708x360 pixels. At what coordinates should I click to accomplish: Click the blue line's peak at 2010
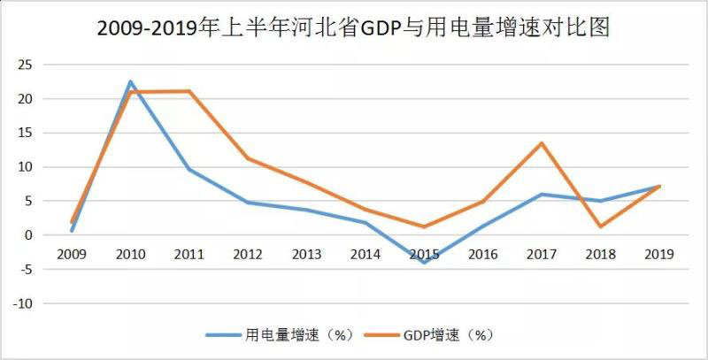(131, 81)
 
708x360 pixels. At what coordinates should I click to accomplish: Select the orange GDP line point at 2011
(189, 91)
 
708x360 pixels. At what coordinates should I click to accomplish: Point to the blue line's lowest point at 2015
(423, 262)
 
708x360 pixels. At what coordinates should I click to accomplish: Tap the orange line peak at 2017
(540, 143)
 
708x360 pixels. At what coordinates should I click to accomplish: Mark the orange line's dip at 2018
(599, 226)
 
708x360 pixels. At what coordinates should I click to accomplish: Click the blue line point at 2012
(248, 203)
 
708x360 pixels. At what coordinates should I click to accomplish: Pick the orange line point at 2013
(306, 183)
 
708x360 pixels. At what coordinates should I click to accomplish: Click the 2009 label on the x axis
(73, 254)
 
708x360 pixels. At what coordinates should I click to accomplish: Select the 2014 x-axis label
(365, 254)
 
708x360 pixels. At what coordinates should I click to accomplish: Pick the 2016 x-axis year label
(482, 254)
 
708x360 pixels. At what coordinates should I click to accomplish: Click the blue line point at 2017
(540, 195)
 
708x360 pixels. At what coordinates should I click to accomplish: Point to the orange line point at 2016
(482, 202)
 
